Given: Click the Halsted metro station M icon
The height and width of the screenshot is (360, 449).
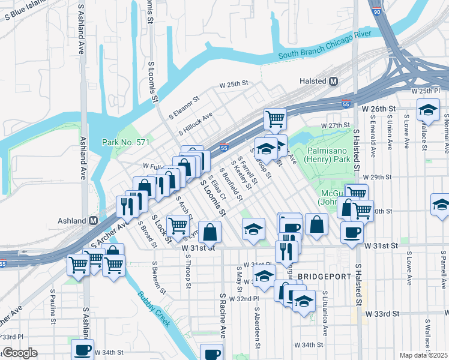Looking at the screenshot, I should (x=333, y=81).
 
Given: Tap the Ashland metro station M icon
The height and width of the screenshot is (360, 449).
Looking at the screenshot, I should (x=93, y=220).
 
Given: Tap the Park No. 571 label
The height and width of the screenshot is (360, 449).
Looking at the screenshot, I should (x=119, y=142).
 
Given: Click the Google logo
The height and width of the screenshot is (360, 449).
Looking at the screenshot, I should (x=19, y=353).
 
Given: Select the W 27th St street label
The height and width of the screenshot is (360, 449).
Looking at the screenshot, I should (x=334, y=125).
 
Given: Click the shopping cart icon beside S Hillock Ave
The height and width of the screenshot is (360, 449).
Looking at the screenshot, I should (x=275, y=118).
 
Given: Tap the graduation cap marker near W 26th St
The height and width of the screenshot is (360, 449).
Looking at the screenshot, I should (x=429, y=109).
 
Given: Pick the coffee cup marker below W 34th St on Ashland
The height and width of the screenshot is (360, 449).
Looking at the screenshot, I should (x=82, y=349).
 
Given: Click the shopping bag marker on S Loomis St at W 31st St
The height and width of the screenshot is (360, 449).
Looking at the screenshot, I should (x=209, y=231).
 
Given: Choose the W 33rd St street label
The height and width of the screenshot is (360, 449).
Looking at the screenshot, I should (x=384, y=314).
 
